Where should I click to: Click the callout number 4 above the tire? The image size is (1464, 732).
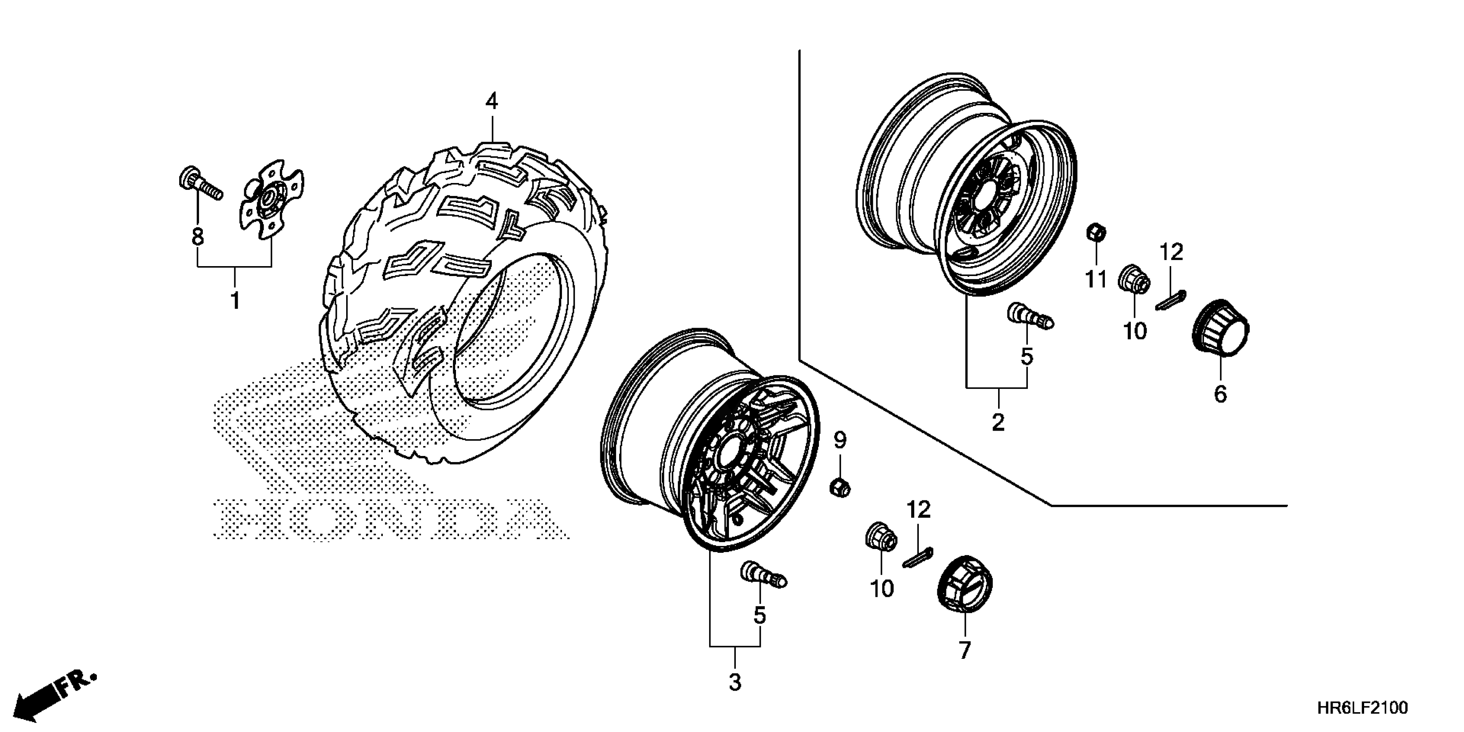(492, 101)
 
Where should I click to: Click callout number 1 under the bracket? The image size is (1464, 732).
(235, 300)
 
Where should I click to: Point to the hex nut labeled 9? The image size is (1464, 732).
(840, 487)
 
